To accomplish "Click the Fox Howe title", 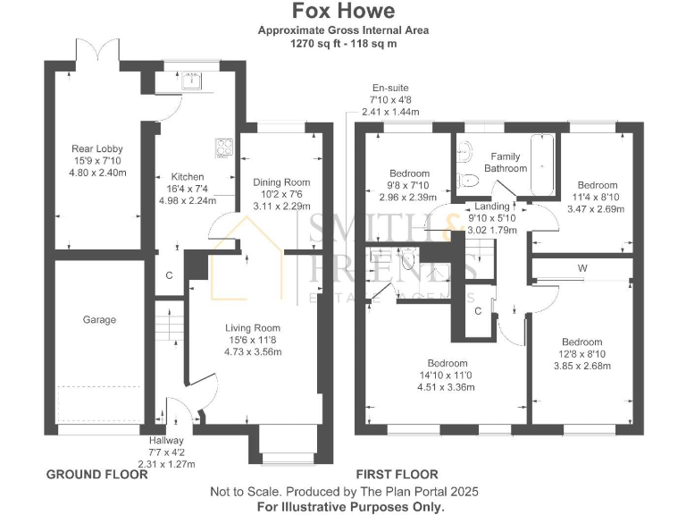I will click(x=342, y=12).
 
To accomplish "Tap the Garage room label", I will click(x=100, y=319).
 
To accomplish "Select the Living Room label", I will click(x=253, y=327).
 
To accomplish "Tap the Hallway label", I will click(x=166, y=440).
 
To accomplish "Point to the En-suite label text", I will click(x=391, y=88).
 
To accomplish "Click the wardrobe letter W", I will click(x=581, y=267).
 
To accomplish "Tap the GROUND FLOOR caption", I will click(x=96, y=474).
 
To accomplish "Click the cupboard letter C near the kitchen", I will click(x=169, y=275).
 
